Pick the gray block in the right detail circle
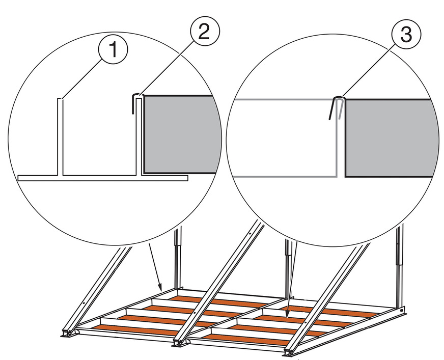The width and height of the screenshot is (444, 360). (x=390, y=137)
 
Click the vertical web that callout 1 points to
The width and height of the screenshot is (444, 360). (x=60, y=137)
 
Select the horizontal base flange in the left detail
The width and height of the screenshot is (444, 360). (x=102, y=178)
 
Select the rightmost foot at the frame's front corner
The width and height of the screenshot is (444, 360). (x=289, y=351)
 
